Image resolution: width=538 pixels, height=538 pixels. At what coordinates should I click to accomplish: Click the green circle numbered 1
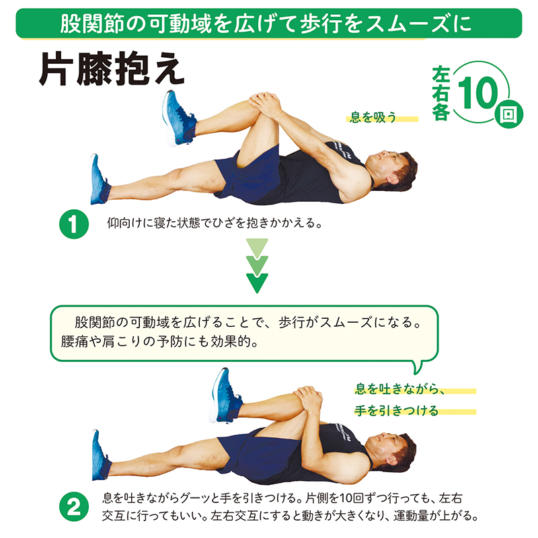click(74, 224)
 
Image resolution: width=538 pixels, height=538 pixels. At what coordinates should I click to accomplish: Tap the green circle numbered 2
click(74, 506)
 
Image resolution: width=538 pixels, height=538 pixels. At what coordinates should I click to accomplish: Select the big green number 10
click(478, 92)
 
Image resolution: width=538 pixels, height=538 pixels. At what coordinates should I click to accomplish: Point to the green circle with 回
click(509, 114)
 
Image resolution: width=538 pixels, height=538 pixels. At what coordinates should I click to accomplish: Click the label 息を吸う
click(373, 117)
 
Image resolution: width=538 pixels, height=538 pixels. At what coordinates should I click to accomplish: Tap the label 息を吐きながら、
click(399, 389)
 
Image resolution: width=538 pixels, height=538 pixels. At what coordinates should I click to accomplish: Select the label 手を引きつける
click(396, 410)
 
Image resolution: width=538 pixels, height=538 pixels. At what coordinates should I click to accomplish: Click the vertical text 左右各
click(441, 93)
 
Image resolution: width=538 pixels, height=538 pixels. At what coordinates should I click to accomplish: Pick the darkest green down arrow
click(257, 282)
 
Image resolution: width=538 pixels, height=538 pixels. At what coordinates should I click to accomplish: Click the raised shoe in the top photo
click(179, 118)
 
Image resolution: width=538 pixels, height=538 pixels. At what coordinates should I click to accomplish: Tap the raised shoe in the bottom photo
click(225, 395)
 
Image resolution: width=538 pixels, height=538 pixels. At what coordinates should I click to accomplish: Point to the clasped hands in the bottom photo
click(308, 399)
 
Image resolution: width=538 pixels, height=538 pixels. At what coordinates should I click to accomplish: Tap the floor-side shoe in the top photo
click(100, 180)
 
